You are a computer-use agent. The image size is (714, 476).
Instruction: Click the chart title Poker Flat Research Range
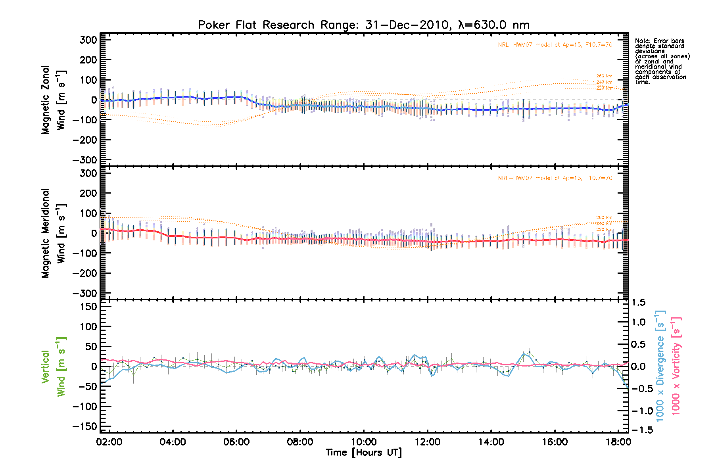[x=363, y=25]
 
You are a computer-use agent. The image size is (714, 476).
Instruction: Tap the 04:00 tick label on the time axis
[x=173, y=442]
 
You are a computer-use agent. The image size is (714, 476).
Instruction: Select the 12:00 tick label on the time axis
[x=427, y=442]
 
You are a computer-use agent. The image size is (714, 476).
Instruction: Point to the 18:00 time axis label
[x=618, y=442]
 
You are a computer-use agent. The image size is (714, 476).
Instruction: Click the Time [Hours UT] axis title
[x=363, y=453]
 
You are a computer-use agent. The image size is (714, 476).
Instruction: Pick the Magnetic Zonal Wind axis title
[x=54, y=100]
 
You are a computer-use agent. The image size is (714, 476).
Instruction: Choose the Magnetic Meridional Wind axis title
[x=54, y=233]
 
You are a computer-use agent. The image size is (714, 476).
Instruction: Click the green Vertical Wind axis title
[x=54, y=367]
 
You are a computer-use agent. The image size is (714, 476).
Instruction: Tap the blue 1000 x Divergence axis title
[x=660, y=366]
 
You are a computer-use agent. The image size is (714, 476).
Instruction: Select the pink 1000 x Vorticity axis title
[x=676, y=366]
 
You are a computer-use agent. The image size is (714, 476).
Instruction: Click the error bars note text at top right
[x=662, y=61]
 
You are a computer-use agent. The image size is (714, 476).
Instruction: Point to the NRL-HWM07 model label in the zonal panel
[x=555, y=45]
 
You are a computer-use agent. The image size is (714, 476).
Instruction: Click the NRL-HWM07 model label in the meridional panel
[x=555, y=178]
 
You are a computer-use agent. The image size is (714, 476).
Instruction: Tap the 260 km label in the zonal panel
[x=604, y=76]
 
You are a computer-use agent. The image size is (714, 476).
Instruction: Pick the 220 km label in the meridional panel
[x=604, y=230]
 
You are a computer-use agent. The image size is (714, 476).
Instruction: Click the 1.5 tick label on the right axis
[x=638, y=303]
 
